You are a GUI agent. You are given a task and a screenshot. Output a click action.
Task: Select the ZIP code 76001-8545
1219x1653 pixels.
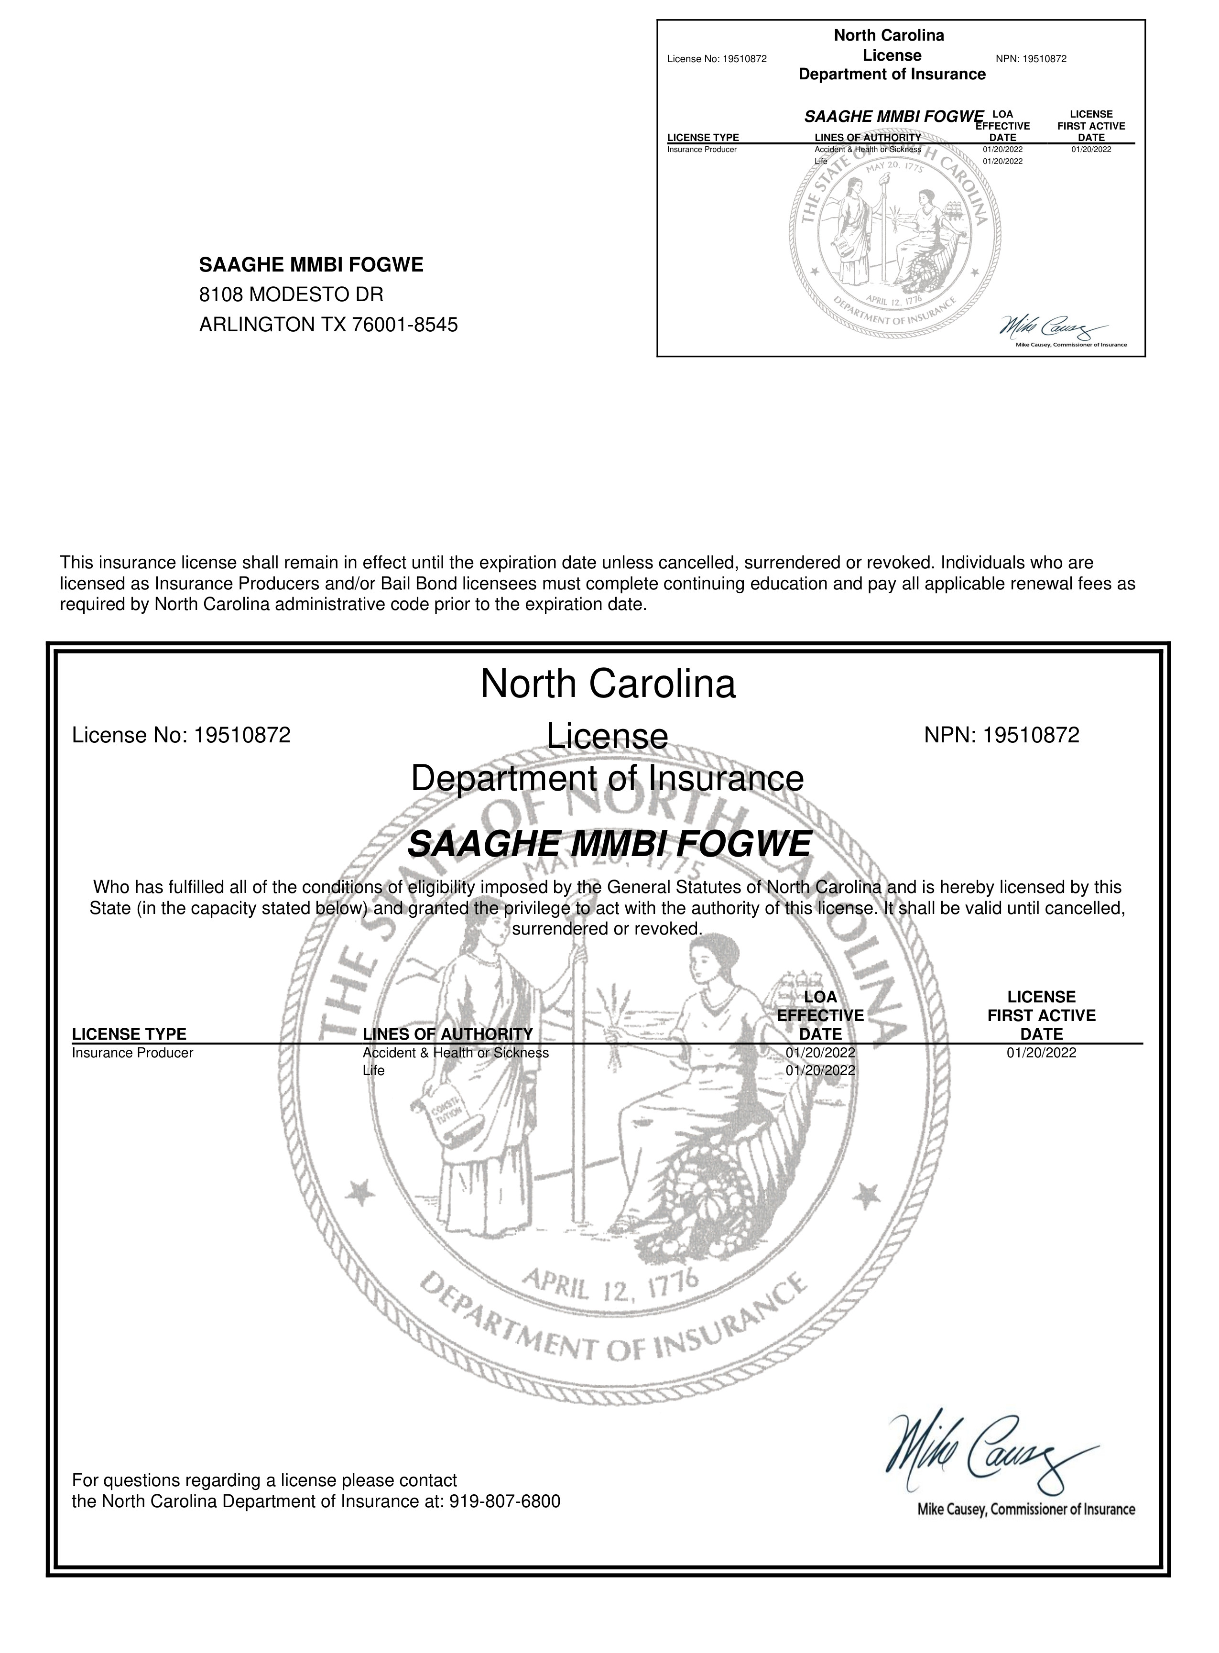(405, 325)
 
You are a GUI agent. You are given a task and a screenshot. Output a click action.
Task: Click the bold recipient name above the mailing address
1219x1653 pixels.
(311, 265)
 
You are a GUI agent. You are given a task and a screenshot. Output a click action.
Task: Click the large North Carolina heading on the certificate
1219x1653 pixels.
(608, 684)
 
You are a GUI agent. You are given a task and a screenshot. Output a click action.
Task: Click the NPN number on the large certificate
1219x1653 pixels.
(1001, 735)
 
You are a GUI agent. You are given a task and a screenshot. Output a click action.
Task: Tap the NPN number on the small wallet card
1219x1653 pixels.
(1031, 59)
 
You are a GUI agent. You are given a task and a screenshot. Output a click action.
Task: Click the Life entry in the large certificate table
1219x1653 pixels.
(373, 1071)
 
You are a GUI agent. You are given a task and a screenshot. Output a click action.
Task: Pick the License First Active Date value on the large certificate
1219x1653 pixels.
(1041, 1053)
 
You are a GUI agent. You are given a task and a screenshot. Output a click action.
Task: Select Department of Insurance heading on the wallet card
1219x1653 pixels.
(892, 75)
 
